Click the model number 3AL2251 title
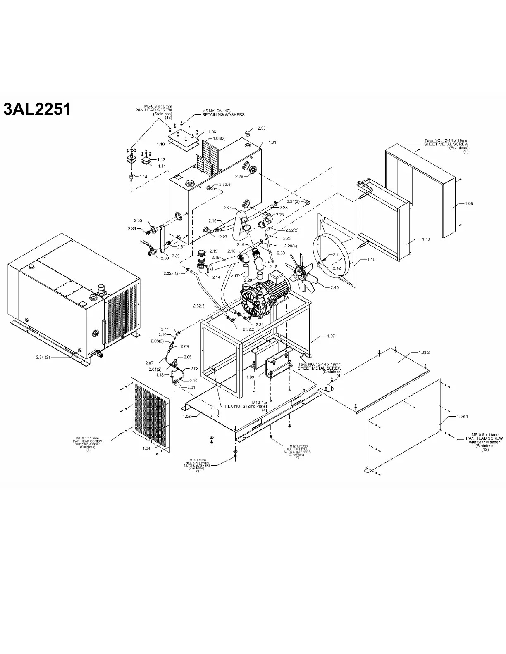click(x=37, y=109)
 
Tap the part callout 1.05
click(x=469, y=204)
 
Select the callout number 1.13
click(x=426, y=239)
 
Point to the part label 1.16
click(x=371, y=260)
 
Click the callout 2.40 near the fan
click(x=334, y=288)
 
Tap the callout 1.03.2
click(x=424, y=353)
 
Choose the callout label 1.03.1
click(x=462, y=416)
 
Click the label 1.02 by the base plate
click(x=186, y=416)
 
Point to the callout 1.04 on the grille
click(x=146, y=448)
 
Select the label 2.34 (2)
click(x=43, y=357)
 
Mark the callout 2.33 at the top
click(x=261, y=128)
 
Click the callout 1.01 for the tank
click(x=272, y=142)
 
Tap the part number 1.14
click(x=143, y=177)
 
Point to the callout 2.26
click(x=239, y=176)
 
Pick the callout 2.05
click(x=187, y=357)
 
